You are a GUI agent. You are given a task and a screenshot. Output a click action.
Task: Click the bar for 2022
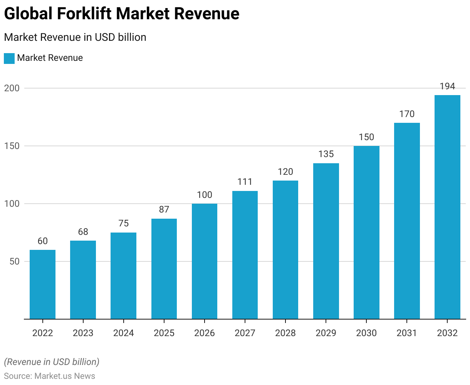coord(42,285)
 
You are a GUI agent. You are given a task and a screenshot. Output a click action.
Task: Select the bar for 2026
coord(205,261)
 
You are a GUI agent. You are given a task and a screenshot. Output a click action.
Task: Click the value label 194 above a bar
coord(447,86)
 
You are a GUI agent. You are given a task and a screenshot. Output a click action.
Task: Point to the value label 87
coord(164,209)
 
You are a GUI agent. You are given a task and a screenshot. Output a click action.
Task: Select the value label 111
coord(245,182)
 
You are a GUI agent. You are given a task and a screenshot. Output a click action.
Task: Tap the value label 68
coord(83,232)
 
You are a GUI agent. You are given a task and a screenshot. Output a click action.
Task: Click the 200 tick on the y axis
coord(12,88)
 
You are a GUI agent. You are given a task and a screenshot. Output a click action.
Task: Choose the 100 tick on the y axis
coord(12,204)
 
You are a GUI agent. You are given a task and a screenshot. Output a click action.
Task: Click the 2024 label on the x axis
coord(123,333)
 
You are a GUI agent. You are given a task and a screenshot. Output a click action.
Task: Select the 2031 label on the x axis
coord(407,333)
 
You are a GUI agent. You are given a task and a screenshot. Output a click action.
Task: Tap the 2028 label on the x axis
coord(285,333)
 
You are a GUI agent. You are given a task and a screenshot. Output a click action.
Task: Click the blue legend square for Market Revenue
coord(9,58)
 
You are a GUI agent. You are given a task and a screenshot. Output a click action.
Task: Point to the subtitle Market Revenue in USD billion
coord(75,37)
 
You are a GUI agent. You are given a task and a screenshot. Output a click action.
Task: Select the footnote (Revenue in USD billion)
coord(52,362)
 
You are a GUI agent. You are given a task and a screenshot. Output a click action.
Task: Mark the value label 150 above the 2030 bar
coord(366,137)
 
